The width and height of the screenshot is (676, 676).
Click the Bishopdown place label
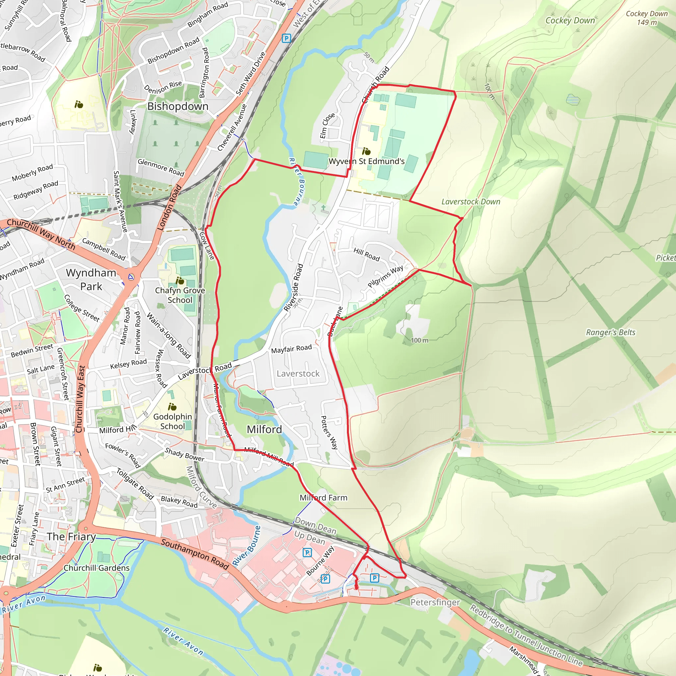tap(178, 106)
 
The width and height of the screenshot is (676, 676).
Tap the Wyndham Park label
tap(91, 279)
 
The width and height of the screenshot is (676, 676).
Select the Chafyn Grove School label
tap(180, 295)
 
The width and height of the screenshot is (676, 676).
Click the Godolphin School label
tap(173, 421)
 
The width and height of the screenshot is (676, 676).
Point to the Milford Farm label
tap(323, 497)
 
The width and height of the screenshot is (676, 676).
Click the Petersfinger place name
tap(435, 602)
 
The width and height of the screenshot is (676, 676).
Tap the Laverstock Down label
tap(471, 202)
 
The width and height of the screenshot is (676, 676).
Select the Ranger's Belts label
tap(611, 332)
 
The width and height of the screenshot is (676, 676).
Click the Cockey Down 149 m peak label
tap(647, 18)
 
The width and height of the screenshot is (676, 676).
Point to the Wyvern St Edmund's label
tap(366, 161)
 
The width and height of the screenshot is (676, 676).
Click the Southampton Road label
tap(195, 554)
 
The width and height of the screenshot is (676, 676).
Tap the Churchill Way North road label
tap(41, 234)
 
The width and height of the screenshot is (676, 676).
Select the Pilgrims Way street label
tap(385, 276)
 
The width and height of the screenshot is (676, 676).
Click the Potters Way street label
tap(329, 432)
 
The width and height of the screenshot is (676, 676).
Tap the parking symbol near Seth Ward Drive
tap(286, 38)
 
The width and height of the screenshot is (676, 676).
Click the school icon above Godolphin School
tap(172, 407)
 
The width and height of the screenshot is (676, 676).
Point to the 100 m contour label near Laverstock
tap(419, 340)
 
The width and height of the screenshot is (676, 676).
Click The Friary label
tap(71, 536)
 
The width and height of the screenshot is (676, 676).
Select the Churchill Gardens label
tap(97, 568)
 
